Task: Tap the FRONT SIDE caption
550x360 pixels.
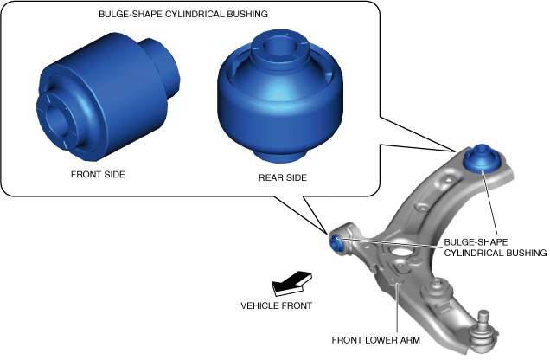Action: point(98,174)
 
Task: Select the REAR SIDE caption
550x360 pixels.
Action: point(281,177)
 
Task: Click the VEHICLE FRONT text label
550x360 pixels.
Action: point(277,305)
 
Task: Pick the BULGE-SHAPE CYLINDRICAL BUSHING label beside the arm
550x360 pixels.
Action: point(496,247)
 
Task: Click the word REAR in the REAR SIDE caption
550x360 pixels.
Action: point(270,177)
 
